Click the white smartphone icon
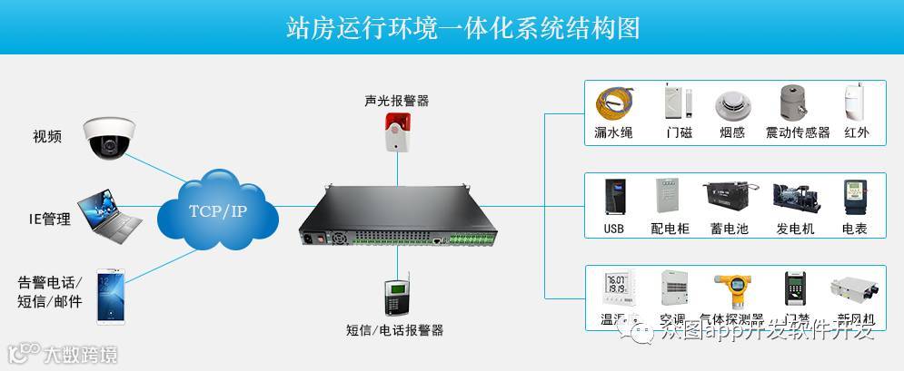tap(110, 295)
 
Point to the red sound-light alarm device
tap(396, 132)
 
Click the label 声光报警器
tap(396, 101)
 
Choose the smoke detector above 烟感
tap(731, 103)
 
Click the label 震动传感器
tap(797, 132)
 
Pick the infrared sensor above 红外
tap(855, 103)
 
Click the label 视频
tap(47, 137)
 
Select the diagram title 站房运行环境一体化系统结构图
tap(462, 28)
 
